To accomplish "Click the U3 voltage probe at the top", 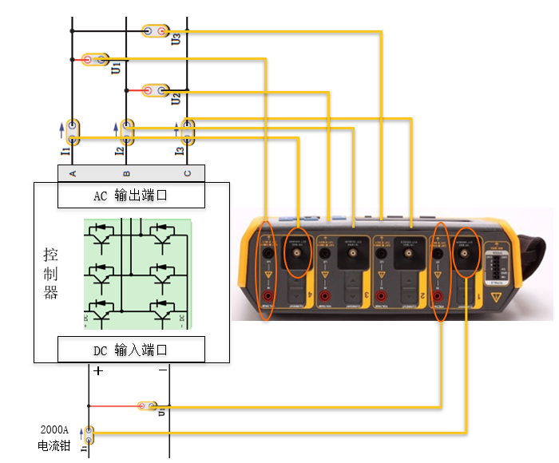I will (156, 31).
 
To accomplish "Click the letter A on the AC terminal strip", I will (73, 173).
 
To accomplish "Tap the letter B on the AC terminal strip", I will (127, 173).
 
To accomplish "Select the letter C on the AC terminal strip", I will (188, 173).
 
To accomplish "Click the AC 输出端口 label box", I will (131, 194).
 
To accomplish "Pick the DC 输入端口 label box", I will (131, 349).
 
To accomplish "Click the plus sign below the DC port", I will (98, 370).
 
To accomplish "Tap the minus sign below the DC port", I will (162, 370).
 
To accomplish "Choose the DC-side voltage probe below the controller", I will (147, 406).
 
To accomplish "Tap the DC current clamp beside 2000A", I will (89, 435).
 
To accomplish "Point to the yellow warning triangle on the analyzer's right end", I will (501, 296).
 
